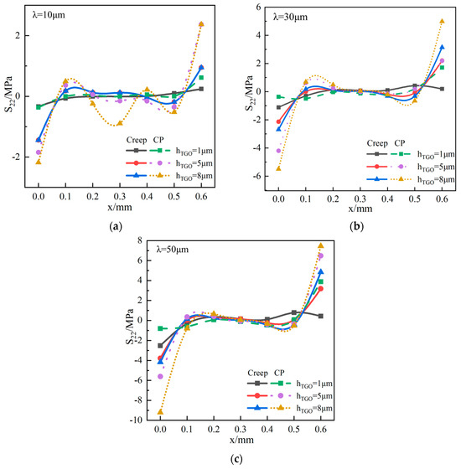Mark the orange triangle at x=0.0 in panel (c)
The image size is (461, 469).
160,412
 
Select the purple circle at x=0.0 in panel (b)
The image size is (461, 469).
278,150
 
